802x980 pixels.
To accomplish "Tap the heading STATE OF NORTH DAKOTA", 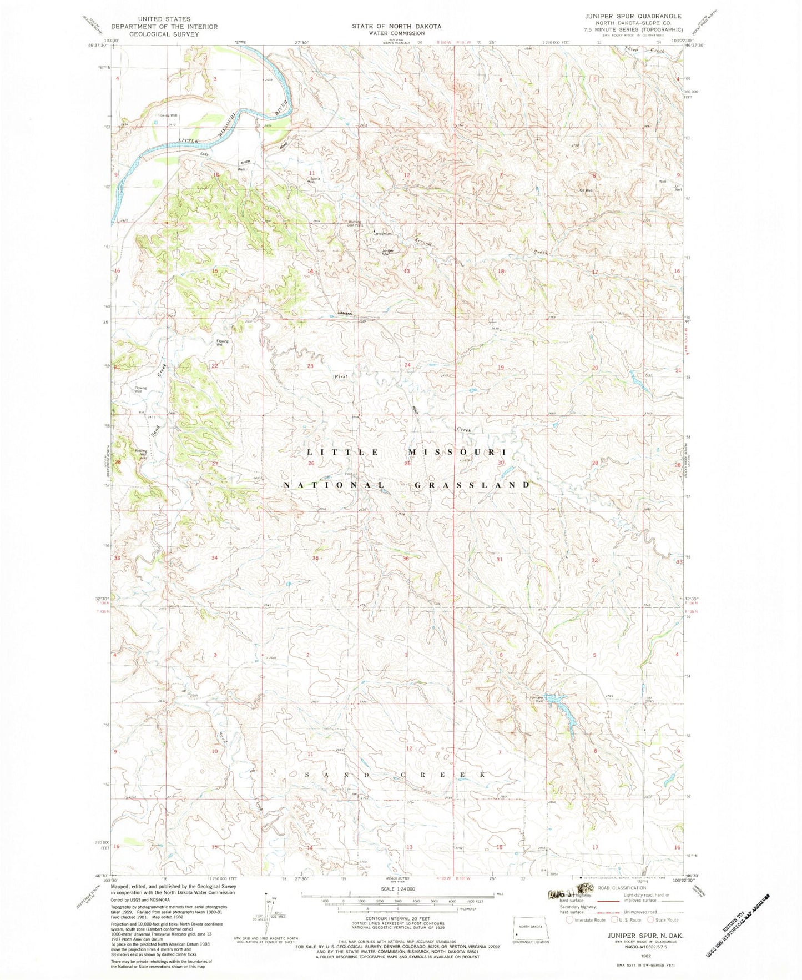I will (x=396, y=26).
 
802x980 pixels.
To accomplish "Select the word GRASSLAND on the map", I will (x=472, y=485).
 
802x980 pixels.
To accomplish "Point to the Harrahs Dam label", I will (x=536, y=699).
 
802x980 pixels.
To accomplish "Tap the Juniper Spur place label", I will (x=388, y=252).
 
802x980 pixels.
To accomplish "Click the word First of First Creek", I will (x=340, y=376).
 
